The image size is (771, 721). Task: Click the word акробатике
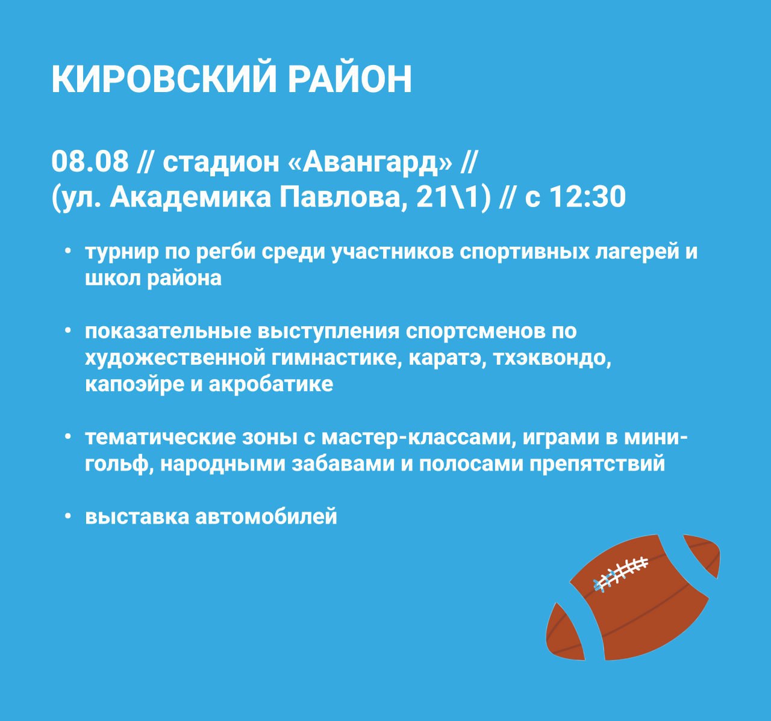point(271,385)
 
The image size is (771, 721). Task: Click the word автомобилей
point(266,517)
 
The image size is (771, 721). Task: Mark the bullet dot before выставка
point(68,516)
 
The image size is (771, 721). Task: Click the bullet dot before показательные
point(68,330)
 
